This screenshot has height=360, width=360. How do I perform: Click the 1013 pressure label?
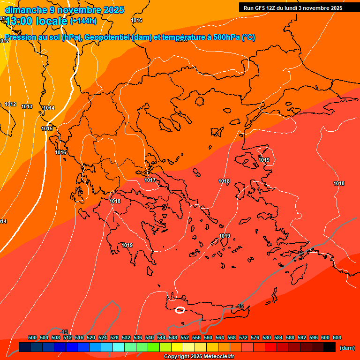point(27,106)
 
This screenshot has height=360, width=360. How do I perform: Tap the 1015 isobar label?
point(47,128)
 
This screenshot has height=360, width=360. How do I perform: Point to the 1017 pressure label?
point(150,180)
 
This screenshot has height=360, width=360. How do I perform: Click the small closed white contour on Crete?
point(180,310)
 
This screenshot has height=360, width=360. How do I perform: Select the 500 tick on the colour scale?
point(32,337)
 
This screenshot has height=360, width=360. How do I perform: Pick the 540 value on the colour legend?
point(150,337)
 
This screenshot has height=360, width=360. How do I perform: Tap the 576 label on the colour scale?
point(255,337)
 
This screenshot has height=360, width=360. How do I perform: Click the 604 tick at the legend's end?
point(337,337)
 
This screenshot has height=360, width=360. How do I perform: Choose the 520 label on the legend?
point(91,337)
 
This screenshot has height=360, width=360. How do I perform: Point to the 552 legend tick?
point(185,337)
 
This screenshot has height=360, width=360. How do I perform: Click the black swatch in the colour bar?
point(330,347)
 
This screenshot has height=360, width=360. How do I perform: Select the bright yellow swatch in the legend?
point(177,347)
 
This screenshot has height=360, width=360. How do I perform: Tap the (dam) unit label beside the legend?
point(347,348)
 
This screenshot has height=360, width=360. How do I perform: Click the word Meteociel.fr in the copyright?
point(217,357)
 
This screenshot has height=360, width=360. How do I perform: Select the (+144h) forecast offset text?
point(83,21)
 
